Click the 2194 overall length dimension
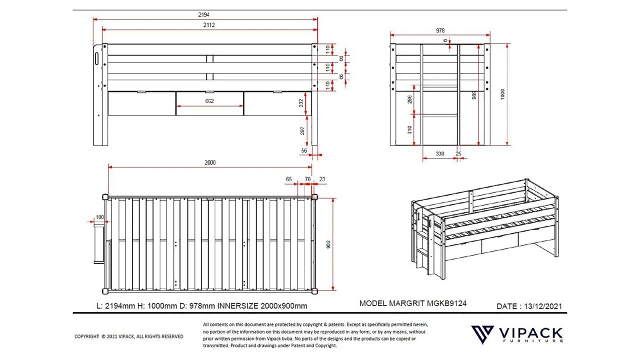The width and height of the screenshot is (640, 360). (205, 14)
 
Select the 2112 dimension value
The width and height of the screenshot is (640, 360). (209, 24)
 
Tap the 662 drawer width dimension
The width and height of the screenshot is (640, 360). (209, 101)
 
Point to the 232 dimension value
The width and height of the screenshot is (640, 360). (301, 103)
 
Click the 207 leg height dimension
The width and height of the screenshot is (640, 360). (302, 131)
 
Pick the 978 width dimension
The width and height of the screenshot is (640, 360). (440, 30)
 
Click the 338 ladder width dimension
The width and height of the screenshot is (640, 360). (440, 154)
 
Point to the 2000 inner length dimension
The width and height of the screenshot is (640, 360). (210, 162)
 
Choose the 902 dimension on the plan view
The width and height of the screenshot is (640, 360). (328, 244)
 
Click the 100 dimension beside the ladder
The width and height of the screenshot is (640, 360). (99, 217)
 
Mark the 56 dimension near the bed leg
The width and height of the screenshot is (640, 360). (304, 150)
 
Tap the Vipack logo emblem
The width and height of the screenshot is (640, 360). (482, 334)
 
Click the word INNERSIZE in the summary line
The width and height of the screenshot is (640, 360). (240, 306)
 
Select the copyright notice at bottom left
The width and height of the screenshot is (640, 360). (128, 336)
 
